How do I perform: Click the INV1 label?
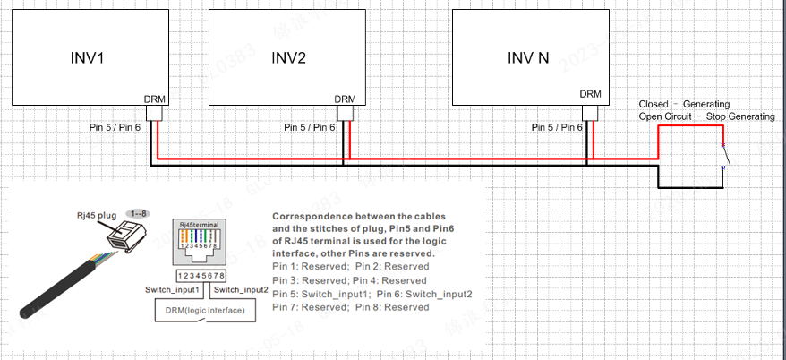88,58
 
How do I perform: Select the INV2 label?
289,58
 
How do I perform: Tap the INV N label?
529,58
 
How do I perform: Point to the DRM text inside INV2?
345,99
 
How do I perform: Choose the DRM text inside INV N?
590,93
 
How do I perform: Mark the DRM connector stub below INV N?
590,113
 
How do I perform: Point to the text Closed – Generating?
684,105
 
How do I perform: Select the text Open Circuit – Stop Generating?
706,117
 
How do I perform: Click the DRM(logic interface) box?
210,310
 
